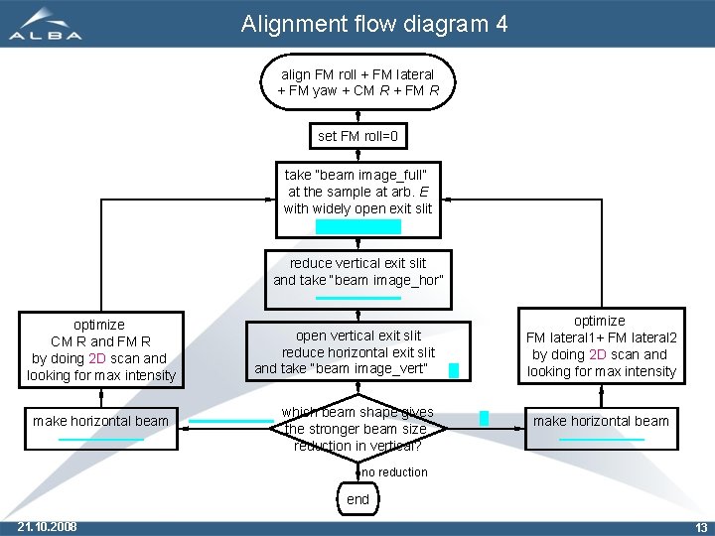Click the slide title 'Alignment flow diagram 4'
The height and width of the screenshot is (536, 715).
click(x=374, y=24)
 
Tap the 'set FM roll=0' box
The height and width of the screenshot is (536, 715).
click(x=357, y=136)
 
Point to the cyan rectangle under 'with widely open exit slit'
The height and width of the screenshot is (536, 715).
click(x=358, y=226)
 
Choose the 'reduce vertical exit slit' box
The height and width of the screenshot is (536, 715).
click(x=357, y=273)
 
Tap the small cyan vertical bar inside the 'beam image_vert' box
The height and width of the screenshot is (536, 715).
click(x=454, y=371)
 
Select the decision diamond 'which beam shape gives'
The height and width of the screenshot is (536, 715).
click(x=357, y=428)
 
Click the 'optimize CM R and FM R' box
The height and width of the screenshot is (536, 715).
click(x=100, y=350)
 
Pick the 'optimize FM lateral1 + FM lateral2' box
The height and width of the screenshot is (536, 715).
click(x=601, y=346)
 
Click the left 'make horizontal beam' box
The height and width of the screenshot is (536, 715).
click(x=100, y=422)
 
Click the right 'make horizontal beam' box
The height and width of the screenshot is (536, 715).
click(x=601, y=422)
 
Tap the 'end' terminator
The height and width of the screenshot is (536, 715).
click(x=357, y=499)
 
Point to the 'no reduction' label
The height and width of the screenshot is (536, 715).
click(x=394, y=472)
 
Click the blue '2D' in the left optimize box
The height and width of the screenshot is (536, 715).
click(x=97, y=358)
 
